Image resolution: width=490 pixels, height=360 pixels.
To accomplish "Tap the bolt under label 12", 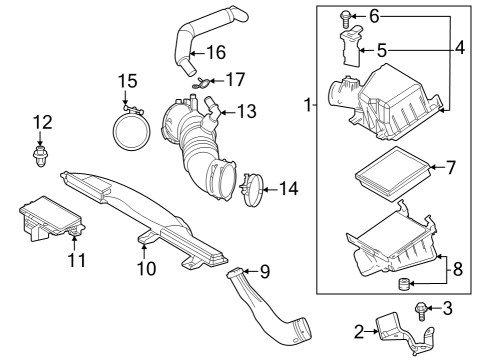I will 41,155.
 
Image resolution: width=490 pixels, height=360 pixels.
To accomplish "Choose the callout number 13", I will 246,111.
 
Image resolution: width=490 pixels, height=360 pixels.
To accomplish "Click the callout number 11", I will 77,261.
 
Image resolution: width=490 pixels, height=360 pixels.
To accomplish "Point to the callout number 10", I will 147,268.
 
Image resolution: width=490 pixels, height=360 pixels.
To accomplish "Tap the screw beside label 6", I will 344,17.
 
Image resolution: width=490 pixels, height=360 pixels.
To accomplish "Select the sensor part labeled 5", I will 349,48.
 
